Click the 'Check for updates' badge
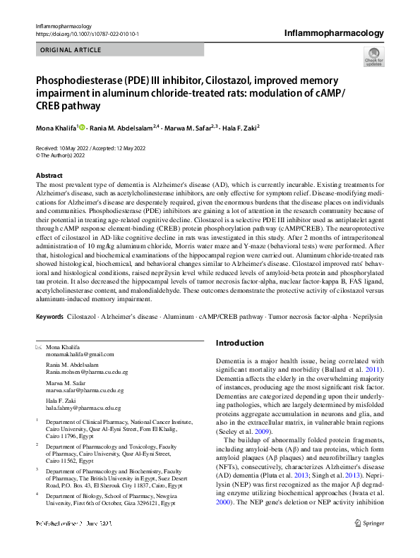[x=373, y=57]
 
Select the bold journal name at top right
[x=334, y=32]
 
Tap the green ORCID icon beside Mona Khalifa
[x=83, y=128]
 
